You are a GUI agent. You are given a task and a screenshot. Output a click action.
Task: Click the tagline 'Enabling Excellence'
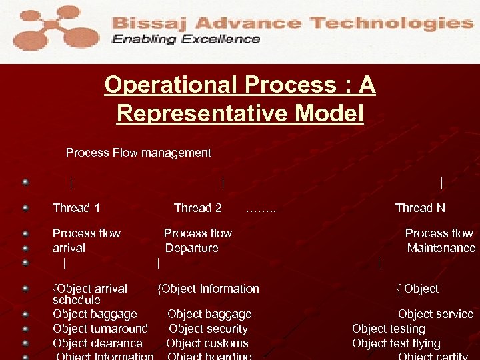pyautogui.click(x=186, y=39)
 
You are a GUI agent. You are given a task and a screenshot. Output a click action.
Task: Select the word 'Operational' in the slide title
pyautogui.click(x=171, y=85)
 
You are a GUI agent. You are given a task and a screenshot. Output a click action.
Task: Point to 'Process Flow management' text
pyautogui.click(x=139, y=153)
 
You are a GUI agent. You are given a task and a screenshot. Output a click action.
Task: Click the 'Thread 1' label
pyautogui.click(x=77, y=208)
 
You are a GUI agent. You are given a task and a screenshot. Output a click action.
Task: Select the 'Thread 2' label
pyautogui.click(x=197, y=208)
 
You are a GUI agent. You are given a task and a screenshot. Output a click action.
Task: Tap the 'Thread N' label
pyautogui.click(x=420, y=208)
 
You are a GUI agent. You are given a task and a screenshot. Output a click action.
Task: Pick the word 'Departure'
pyautogui.click(x=192, y=248)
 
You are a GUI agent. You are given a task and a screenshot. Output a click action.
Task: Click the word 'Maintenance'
pyautogui.click(x=441, y=248)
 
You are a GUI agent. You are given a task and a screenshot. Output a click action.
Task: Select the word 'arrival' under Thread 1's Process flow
pyautogui.click(x=69, y=248)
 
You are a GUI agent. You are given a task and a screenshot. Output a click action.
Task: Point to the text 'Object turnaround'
pyautogui.click(x=100, y=329)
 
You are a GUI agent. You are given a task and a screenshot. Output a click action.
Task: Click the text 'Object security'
pyautogui.click(x=208, y=329)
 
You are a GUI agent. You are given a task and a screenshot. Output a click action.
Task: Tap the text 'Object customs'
pyautogui.click(x=207, y=343)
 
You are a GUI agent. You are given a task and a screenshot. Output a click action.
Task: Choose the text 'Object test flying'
pyautogui.click(x=396, y=343)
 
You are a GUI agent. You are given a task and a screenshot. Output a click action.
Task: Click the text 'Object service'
pyautogui.click(x=435, y=314)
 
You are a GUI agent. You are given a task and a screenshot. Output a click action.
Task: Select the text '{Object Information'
pyautogui.click(x=209, y=289)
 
